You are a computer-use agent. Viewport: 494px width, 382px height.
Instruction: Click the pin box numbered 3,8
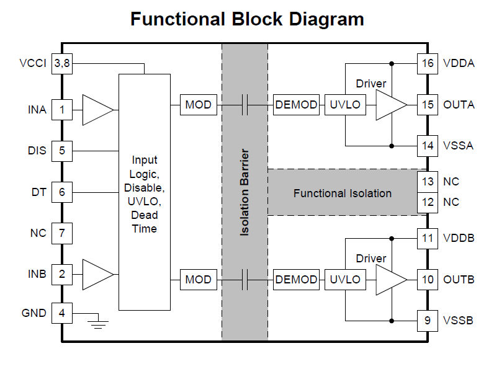(61, 63)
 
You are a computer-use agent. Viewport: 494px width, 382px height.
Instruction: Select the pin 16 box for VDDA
(428, 63)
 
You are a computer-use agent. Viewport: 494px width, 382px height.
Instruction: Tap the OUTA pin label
(459, 105)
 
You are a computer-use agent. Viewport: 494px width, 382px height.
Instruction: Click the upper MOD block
(198, 105)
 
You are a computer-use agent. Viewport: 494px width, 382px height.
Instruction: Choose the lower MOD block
(198, 280)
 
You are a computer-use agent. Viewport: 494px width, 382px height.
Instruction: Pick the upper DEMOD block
(296, 105)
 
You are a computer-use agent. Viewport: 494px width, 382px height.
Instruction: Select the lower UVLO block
(345, 280)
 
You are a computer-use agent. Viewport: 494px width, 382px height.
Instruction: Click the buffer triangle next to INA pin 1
(97, 110)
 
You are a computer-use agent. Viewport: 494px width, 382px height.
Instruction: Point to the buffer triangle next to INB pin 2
(97, 273)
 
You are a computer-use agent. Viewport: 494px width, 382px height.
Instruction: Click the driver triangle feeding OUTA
(389, 105)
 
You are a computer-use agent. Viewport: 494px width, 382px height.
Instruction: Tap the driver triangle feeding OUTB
(389, 280)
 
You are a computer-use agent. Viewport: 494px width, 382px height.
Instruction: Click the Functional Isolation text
(342, 193)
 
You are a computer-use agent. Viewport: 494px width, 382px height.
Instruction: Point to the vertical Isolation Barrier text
(245, 192)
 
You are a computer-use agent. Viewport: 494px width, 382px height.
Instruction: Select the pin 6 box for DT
(61, 192)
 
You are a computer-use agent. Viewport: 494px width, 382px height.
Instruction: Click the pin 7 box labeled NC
(61, 233)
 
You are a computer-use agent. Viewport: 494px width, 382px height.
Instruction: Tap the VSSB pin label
(458, 321)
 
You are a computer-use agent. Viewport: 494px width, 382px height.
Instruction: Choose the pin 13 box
(428, 182)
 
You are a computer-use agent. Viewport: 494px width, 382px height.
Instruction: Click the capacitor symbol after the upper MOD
(245, 105)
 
